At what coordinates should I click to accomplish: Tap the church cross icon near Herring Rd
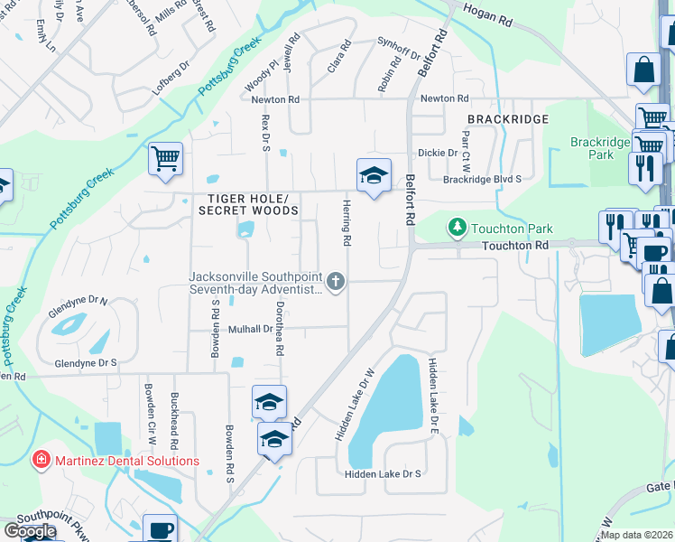pos(336,282)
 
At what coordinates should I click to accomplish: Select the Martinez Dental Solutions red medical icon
pos(41,461)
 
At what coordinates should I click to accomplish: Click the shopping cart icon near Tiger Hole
pos(166,160)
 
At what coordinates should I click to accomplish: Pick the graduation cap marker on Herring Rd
pos(374,175)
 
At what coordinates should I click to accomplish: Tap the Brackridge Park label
pos(592,148)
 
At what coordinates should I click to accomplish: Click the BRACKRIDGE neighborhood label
pos(508,119)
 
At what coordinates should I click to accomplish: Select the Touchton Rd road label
pos(515,245)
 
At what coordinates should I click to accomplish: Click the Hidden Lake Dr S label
pos(383,473)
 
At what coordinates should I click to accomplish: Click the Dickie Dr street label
pos(439,153)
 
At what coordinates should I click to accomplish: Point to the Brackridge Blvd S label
pos(482,179)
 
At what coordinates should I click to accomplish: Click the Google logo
pos(29,531)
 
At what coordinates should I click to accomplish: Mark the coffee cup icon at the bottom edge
pos(161,529)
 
